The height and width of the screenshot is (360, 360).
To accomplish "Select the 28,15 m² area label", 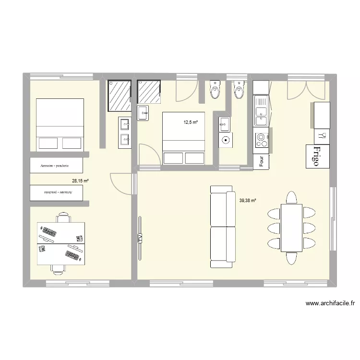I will click(x=80, y=181).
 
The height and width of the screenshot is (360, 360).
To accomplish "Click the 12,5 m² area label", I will click(x=191, y=122).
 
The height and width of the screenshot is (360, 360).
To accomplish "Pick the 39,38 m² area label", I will click(x=247, y=201).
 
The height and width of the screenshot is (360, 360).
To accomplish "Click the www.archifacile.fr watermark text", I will click(x=330, y=303).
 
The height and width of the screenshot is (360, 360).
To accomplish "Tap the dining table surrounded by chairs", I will click(x=291, y=228).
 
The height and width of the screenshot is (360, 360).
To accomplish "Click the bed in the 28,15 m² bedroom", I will click(x=60, y=125).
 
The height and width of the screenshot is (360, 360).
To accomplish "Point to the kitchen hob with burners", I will click(x=262, y=140).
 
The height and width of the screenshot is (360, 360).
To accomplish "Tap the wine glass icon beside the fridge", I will click(x=322, y=136).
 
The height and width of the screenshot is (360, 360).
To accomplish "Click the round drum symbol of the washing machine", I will click(x=226, y=141).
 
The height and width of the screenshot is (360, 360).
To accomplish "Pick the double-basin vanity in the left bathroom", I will click(x=125, y=132).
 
